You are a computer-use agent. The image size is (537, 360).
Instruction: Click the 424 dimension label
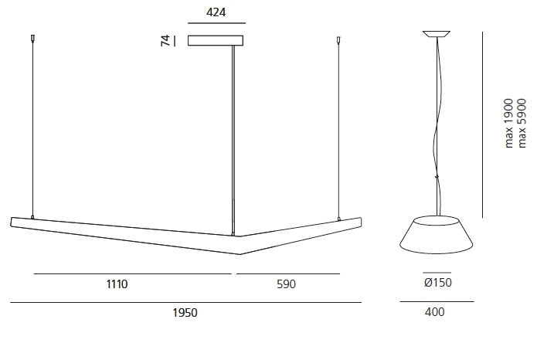216,12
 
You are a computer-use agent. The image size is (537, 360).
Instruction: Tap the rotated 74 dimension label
165,40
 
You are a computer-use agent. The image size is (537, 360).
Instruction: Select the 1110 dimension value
117,284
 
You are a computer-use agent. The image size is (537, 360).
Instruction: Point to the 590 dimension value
286,284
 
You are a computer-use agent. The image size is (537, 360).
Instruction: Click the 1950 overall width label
185,313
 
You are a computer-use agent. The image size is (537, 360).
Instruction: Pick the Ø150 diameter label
437,283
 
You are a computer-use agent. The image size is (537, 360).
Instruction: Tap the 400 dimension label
434,311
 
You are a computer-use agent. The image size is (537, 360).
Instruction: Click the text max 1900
509,124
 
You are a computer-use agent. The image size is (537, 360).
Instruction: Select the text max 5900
522,124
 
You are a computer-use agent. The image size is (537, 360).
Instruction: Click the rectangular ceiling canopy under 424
216,40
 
